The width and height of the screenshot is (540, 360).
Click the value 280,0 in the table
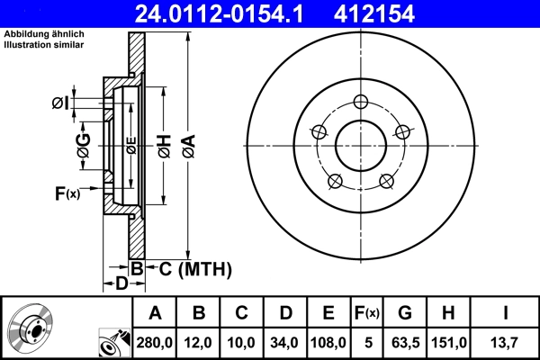[x=155, y=342]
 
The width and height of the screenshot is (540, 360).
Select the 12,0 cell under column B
[x=199, y=342]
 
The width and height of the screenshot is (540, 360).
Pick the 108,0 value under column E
[x=328, y=342]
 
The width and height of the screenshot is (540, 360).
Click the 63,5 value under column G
[x=405, y=342]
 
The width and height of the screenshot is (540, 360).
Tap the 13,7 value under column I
[x=505, y=342]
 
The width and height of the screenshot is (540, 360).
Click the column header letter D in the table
[x=285, y=313]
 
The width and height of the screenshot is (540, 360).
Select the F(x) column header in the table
[x=367, y=313]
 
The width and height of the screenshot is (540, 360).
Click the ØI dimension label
[x=59, y=103]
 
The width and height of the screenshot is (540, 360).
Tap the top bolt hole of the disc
[x=361, y=101]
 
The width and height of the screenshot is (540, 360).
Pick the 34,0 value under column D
[x=285, y=342]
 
